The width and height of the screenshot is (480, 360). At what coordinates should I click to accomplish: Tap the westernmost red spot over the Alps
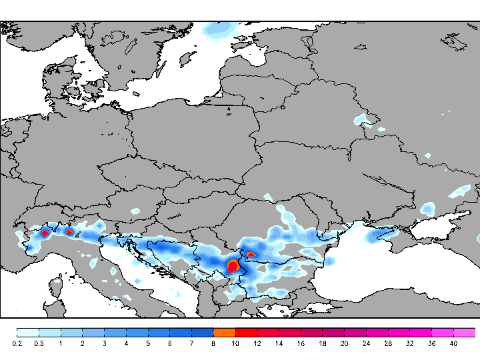coord(45,233)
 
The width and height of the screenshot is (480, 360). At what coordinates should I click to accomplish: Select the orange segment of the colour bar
coord(224,332)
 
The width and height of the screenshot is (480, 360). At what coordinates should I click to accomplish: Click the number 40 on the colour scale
coord(453,343)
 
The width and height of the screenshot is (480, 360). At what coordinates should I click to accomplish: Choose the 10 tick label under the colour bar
coord(235,343)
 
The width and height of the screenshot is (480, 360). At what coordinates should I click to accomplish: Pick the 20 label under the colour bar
coord(344,343)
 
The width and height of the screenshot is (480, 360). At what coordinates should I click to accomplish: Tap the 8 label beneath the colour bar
coord(213,343)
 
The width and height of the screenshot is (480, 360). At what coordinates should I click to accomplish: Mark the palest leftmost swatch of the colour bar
coord(27,332)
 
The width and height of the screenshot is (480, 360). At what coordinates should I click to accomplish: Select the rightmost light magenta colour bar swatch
coord(465,332)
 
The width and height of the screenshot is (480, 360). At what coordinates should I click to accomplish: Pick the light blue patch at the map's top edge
coord(220,30)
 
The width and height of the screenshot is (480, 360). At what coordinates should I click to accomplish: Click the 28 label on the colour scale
coord(388,343)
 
